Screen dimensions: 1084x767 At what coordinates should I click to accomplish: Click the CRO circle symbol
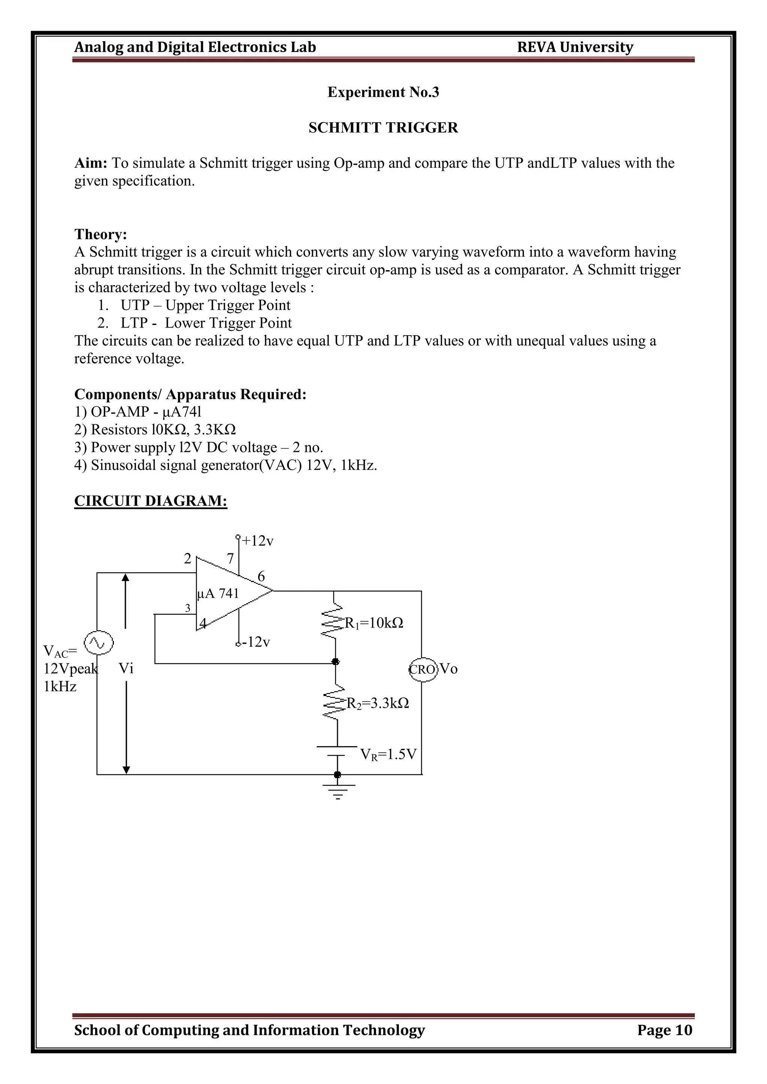[423, 669]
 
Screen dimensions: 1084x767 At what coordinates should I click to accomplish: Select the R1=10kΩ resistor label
[374, 623]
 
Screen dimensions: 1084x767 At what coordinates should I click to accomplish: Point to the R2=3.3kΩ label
[378, 704]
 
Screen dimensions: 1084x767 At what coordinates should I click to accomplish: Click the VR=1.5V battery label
[388, 754]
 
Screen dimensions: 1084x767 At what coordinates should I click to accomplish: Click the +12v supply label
[257, 541]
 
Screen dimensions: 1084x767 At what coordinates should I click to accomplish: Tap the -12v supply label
[255, 642]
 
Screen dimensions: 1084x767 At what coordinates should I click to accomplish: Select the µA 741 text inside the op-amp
[218, 593]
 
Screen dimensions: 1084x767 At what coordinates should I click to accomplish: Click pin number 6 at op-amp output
[261, 577]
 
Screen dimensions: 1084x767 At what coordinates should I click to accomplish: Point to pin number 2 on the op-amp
[188, 559]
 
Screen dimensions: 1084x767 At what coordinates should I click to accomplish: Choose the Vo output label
[449, 669]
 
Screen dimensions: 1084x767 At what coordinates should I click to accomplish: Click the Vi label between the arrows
[126, 668]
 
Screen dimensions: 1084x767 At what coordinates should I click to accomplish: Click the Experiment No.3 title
[383, 92]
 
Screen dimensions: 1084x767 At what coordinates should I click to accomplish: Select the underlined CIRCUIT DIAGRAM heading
[151, 501]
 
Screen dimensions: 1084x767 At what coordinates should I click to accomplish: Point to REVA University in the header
[575, 47]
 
